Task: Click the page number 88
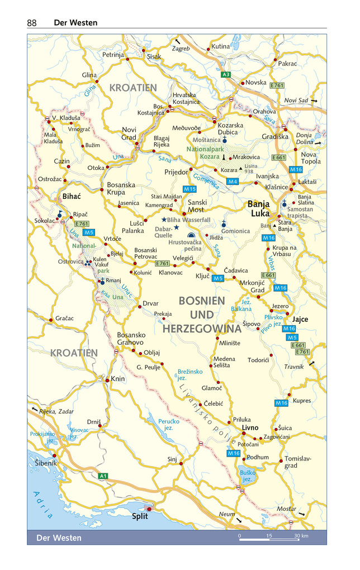31,23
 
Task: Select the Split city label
140,516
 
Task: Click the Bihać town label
72,197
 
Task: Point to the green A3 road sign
226,74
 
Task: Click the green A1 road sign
102,476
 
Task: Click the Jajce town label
300,319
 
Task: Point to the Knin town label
117,379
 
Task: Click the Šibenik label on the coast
45,463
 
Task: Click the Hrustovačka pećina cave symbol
192,236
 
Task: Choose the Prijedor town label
176,172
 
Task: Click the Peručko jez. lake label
169,425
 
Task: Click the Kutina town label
220,46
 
